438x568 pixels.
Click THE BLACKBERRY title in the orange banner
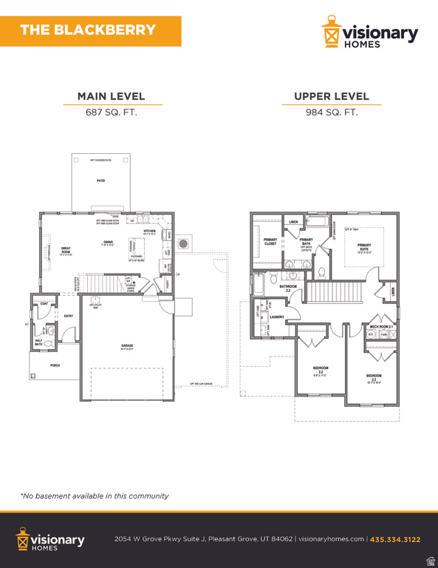click(88, 30)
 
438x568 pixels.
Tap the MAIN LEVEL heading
click(112, 96)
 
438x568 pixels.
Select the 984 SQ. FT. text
click(332, 112)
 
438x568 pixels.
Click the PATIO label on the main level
click(100, 180)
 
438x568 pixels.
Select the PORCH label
click(55, 365)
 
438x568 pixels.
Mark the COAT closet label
click(44, 304)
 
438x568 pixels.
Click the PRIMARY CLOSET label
click(271, 241)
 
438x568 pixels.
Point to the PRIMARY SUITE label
click(364, 248)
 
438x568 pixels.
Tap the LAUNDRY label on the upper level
click(277, 317)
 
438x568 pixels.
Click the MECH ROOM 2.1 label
click(381, 325)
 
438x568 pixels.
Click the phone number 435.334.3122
click(395, 539)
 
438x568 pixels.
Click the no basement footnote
click(95, 496)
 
